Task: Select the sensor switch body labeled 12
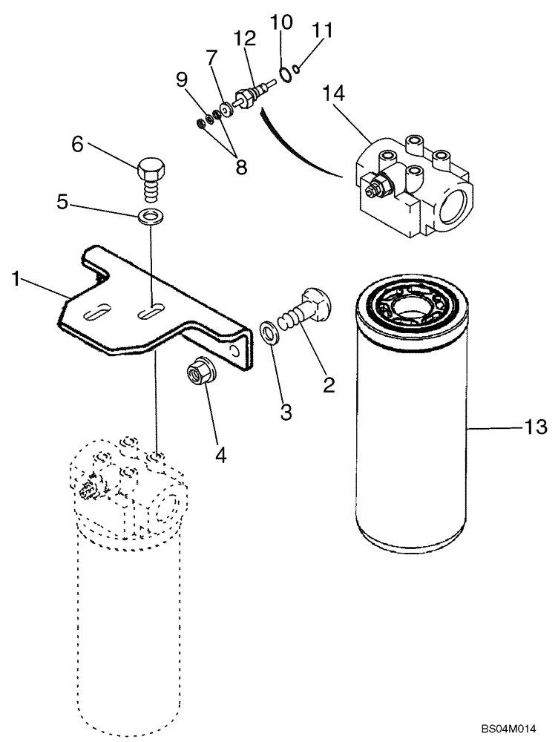[x=249, y=97]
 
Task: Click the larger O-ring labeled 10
[x=285, y=73]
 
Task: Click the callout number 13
[x=536, y=427]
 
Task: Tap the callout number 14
[x=335, y=95]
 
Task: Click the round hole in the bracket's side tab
[x=235, y=352]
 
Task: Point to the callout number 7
[x=211, y=57]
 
